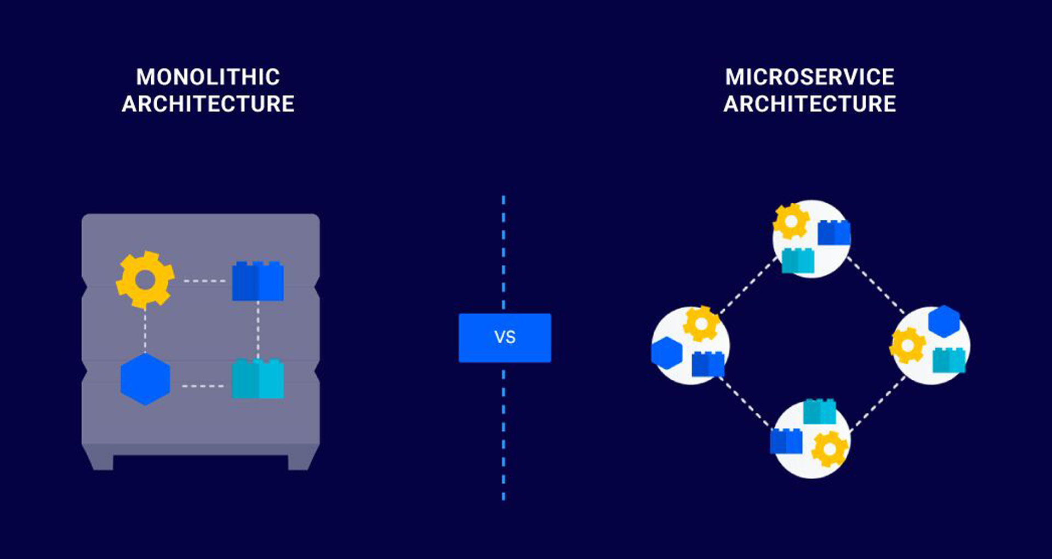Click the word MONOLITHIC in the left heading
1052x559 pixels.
(x=208, y=77)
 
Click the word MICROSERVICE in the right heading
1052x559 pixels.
(x=809, y=77)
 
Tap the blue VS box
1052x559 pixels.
(x=505, y=338)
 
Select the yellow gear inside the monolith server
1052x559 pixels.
(x=145, y=280)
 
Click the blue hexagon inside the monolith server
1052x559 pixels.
(x=145, y=379)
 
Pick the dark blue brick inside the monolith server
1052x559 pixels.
(x=258, y=282)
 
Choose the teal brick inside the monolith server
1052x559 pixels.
(x=258, y=379)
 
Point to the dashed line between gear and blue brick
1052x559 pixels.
(x=204, y=281)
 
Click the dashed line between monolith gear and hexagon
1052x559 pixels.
(x=145, y=331)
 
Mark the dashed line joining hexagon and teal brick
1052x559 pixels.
(x=203, y=386)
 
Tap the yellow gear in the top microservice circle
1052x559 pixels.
(x=791, y=221)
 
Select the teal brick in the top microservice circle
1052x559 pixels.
(x=797, y=261)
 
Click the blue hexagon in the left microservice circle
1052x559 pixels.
(x=666, y=352)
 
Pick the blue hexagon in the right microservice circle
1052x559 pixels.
(x=944, y=321)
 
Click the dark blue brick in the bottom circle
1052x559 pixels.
(x=786, y=442)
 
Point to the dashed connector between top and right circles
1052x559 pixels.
(x=875, y=284)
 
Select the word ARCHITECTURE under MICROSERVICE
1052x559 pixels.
(x=809, y=104)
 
